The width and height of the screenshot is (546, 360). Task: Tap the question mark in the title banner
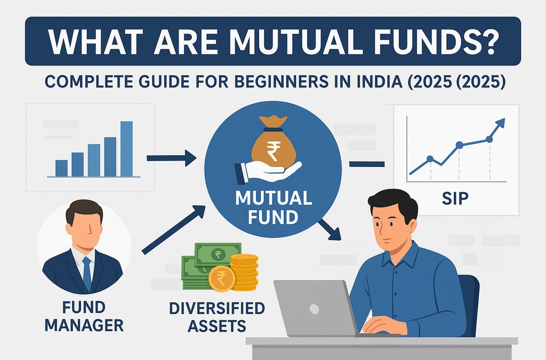click(487, 42)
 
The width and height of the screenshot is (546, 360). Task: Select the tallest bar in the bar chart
click(126, 149)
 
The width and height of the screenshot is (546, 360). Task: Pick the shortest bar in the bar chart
click(61, 169)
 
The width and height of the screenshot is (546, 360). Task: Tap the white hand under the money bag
click(268, 171)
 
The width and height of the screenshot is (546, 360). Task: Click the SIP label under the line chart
click(455, 198)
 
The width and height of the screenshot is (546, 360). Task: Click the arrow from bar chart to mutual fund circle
click(171, 158)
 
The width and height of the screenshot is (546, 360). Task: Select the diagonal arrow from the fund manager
click(173, 230)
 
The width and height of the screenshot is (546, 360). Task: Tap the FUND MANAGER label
click(84, 316)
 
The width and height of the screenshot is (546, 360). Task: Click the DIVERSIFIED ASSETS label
click(217, 317)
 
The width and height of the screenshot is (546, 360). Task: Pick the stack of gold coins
click(244, 272)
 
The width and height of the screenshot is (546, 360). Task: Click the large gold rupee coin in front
click(222, 278)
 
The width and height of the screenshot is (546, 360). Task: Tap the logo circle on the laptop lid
click(314, 309)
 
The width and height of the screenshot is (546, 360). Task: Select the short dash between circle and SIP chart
click(367, 164)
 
